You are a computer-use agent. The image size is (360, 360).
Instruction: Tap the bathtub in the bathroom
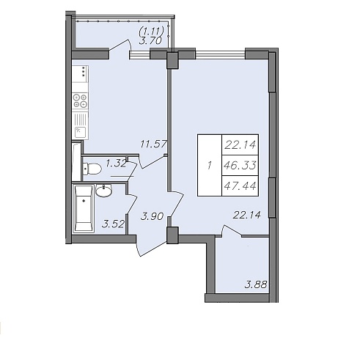(x=84, y=208)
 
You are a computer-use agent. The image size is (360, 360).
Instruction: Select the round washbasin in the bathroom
(x=103, y=191)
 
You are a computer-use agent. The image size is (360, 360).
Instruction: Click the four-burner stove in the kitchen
(x=81, y=100)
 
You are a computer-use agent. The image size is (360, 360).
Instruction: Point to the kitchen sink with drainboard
(x=80, y=126)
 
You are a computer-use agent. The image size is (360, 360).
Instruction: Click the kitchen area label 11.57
(x=154, y=144)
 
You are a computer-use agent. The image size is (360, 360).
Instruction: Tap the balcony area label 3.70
(x=150, y=40)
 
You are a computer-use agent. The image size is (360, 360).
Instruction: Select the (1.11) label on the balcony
(x=151, y=31)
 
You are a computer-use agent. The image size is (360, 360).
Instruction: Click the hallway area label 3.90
(x=152, y=216)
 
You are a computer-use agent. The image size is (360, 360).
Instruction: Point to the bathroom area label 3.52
(x=113, y=224)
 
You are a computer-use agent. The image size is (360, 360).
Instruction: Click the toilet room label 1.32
(x=116, y=164)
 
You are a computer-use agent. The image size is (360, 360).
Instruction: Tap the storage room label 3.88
(x=256, y=284)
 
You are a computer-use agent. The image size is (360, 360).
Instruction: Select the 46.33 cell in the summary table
(x=240, y=166)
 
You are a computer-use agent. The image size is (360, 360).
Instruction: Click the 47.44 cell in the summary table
(x=240, y=186)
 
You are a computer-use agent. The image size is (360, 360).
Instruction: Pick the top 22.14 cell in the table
(x=240, y=145)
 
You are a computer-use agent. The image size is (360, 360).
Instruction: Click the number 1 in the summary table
(x=209, y=166)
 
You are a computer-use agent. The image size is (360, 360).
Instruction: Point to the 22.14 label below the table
(x=247, y=215)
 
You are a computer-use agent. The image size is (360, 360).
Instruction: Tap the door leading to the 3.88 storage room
(x=232, y=231)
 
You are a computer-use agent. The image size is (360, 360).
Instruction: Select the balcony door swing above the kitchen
(x=120, y=46)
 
